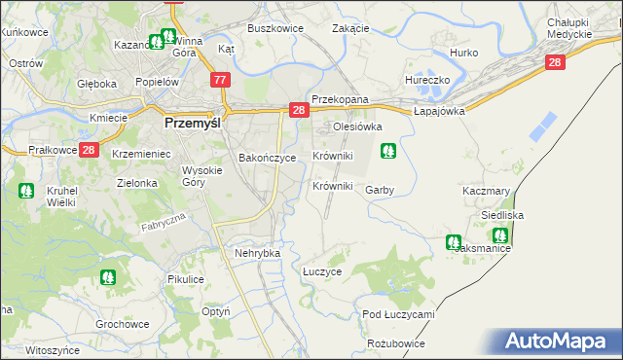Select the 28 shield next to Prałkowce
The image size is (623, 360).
tap(89, 150)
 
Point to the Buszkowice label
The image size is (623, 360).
tap(275, 29)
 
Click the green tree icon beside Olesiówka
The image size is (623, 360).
tap(388, 151)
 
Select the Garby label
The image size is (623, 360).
tap(380, 190)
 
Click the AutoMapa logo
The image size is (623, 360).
tap(558, 342)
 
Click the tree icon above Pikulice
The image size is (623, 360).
tap(107, 277)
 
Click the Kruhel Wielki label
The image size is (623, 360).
tap(62, 198)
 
